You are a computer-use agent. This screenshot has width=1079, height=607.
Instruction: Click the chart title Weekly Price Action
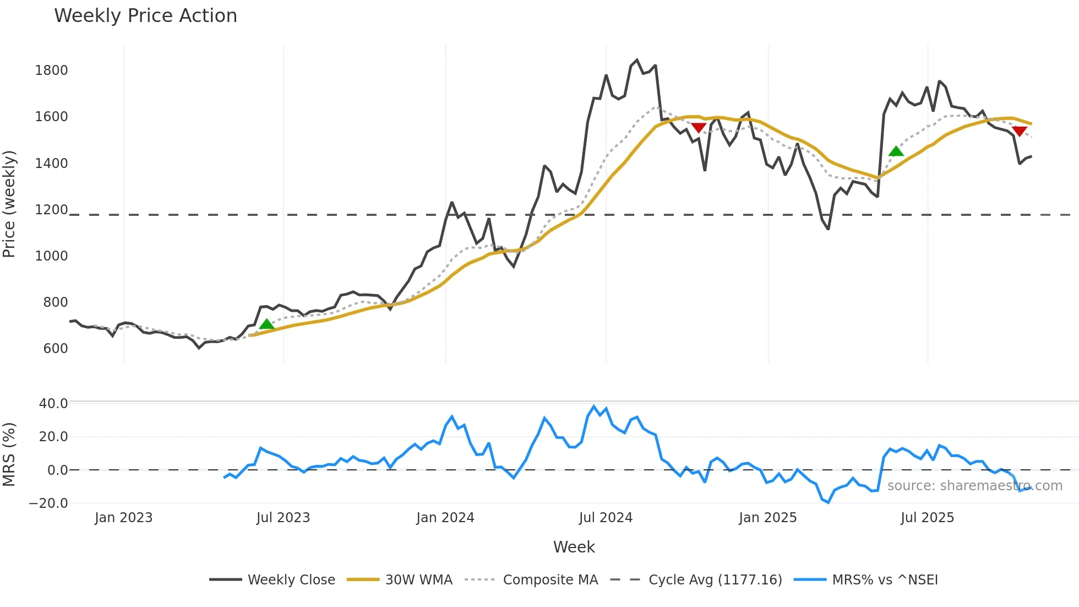(x=145, y=16)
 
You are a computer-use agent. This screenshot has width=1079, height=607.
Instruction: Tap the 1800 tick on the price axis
(x=51, y=71)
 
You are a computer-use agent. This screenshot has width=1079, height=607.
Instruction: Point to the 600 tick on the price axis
(x=55, y=349)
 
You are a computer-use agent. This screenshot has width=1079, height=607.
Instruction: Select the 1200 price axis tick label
(x=51, y=210)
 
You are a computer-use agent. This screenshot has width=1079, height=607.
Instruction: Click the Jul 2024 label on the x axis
(x=606, y=518)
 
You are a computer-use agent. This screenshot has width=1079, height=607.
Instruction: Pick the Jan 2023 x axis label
(x=123, y=518)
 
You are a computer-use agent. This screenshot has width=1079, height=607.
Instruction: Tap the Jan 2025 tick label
(x=767, y=518)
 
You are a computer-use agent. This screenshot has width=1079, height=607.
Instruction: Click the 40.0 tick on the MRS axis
(x=53, y=404)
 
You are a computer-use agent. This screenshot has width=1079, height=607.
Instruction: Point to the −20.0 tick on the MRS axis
(x=48, y=503)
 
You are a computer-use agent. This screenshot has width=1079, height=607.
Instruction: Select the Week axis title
(x=574, y=547)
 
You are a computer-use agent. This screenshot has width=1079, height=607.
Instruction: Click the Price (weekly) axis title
(x=9, y=204)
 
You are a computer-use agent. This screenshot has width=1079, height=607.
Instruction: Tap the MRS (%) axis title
(x=9, y=454)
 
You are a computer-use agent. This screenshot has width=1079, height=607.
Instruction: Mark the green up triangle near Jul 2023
(x=266, y=324)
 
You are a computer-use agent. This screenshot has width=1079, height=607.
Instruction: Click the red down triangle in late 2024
(x=698, y=128)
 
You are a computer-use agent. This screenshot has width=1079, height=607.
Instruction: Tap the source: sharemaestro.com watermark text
(x=974, y=486)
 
